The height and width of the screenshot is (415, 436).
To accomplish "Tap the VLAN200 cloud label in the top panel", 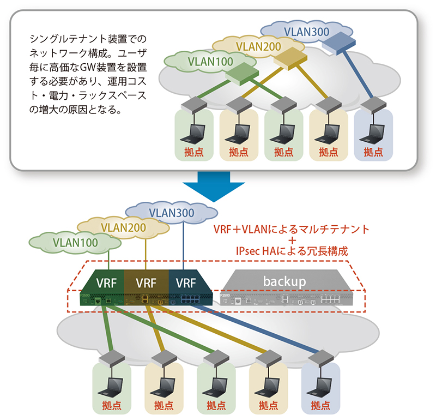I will point(259,46).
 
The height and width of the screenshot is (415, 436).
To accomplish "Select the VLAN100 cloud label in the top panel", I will point(210,61).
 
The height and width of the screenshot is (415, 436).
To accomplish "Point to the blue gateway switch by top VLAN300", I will point(338,41).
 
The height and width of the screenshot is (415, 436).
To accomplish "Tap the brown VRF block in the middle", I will point(146,284).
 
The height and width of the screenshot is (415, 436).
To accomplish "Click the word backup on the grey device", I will point(284,281).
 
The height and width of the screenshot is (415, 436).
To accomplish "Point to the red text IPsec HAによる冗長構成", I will point(292,252).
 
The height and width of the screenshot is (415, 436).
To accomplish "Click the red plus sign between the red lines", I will point(293,240).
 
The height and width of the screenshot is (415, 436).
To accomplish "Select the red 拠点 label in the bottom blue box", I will point(320,406).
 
